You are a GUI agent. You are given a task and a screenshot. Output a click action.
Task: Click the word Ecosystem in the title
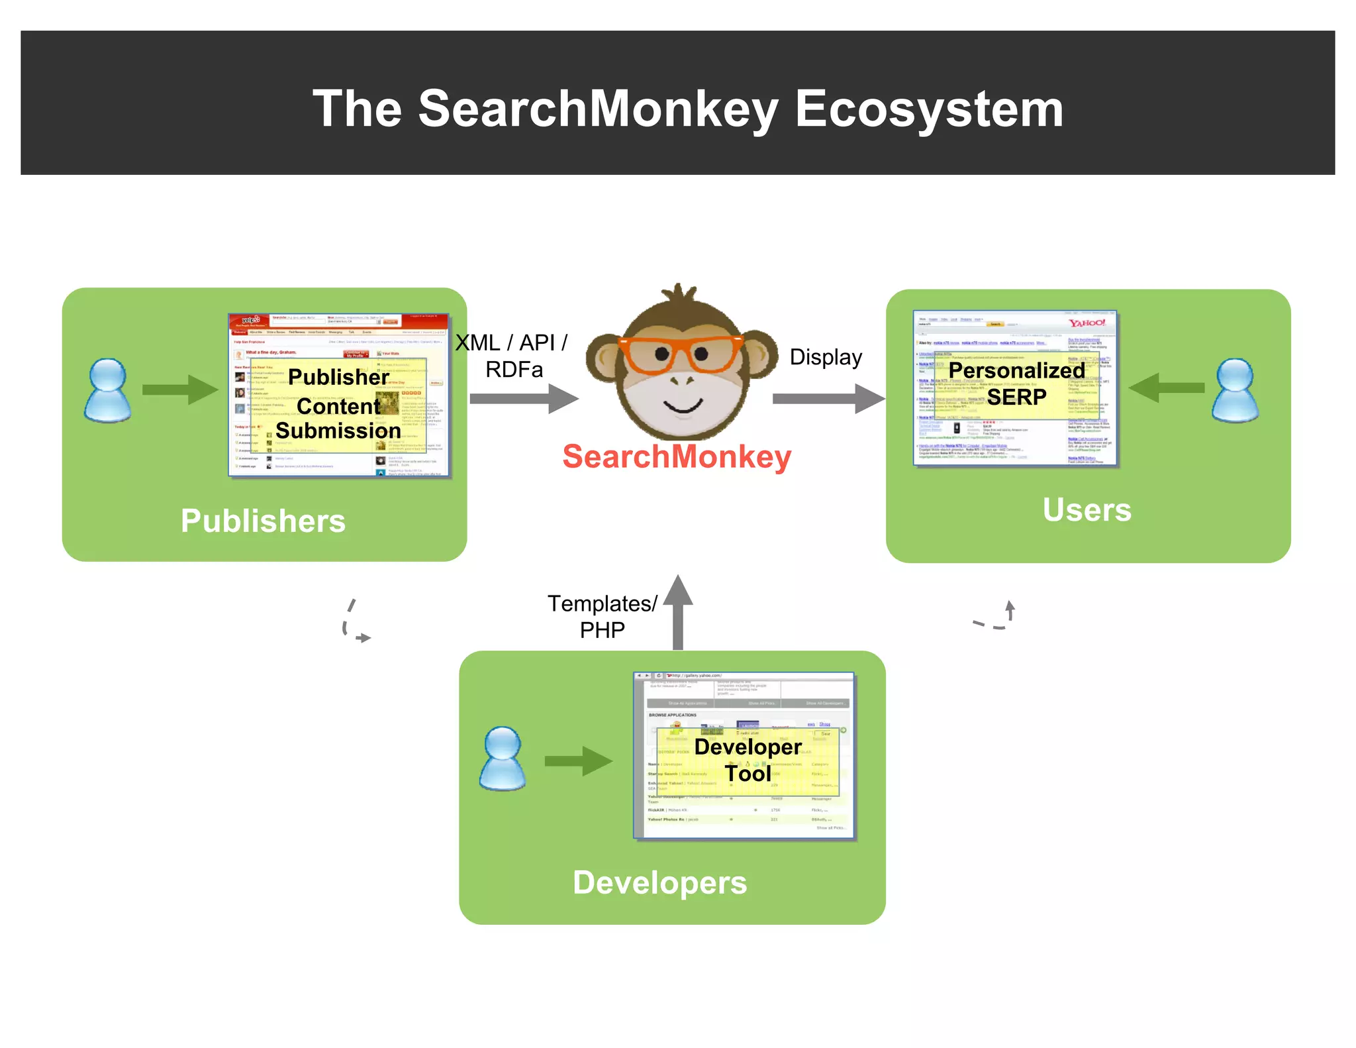coord(928,109)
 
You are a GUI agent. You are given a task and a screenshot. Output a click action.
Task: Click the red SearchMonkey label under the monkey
coord(677,457)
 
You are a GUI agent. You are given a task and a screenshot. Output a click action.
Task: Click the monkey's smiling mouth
coord(683,405)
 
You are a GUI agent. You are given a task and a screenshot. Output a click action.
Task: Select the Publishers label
coord(263,521)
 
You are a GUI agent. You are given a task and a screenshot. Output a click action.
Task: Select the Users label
coord(1087,509)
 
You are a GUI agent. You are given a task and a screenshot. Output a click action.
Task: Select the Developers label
coord(659,882)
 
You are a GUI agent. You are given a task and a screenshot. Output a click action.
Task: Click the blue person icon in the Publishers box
coord(107,391)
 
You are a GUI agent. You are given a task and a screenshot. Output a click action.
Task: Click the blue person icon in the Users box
coord(1235,391)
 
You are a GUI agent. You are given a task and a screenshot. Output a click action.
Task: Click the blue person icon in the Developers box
coord(503,759)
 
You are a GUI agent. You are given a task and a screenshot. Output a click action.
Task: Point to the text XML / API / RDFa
coord(512,356)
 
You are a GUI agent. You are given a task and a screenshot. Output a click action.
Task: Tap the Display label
coord(826,358)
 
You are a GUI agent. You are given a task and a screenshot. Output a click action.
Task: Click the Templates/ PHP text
coord(602,616)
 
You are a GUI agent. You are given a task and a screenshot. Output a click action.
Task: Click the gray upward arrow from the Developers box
coord(678,613)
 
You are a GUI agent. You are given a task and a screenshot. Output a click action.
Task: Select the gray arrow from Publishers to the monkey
coord(524,399)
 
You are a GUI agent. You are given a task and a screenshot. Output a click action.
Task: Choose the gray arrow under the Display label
coord(828,399)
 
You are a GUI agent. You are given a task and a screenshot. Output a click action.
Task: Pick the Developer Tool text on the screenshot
coord(748,760)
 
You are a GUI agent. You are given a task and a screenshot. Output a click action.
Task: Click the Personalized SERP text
coord(1016,384)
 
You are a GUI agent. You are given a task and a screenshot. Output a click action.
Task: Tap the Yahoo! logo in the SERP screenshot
coord(1087,323)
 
